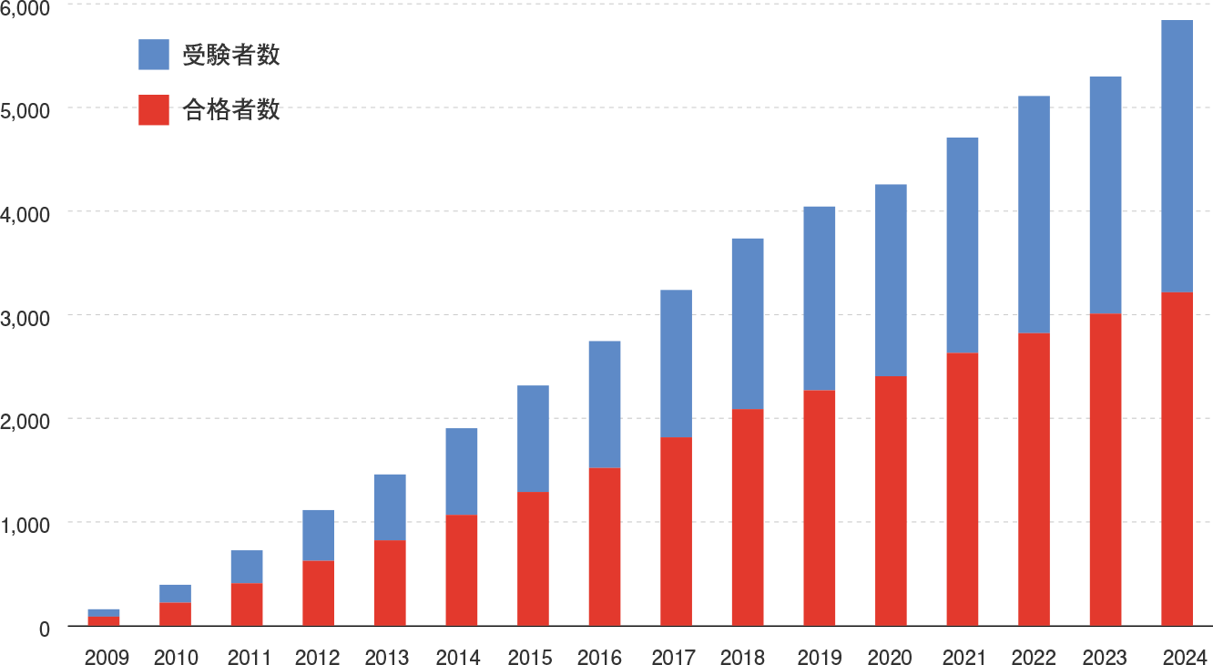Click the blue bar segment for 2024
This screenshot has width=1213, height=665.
(x=1177, y=156)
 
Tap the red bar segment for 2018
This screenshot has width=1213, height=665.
(x=748, y=517)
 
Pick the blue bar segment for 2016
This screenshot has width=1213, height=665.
(x=605, y=404)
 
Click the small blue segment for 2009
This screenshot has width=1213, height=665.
(x=104, y=612)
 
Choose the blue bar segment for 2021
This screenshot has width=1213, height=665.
(x=963, y=245)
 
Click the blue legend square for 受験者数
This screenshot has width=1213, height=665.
(x=154, y=55)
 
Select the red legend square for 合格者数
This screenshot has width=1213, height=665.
(x=154, y=110)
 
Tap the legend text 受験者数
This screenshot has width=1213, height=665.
(x=230, y=55)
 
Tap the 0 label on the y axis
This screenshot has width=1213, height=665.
(x=44, y=629)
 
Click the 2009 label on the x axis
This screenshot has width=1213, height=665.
(x=107, y=657)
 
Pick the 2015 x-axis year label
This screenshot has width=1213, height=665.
(x=531, y=657)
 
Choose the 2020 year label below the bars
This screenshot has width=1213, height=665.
(x=890, y=657)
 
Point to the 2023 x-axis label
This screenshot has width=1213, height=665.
(x=1104, y=657)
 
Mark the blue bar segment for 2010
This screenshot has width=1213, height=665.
(x=175, y=593)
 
